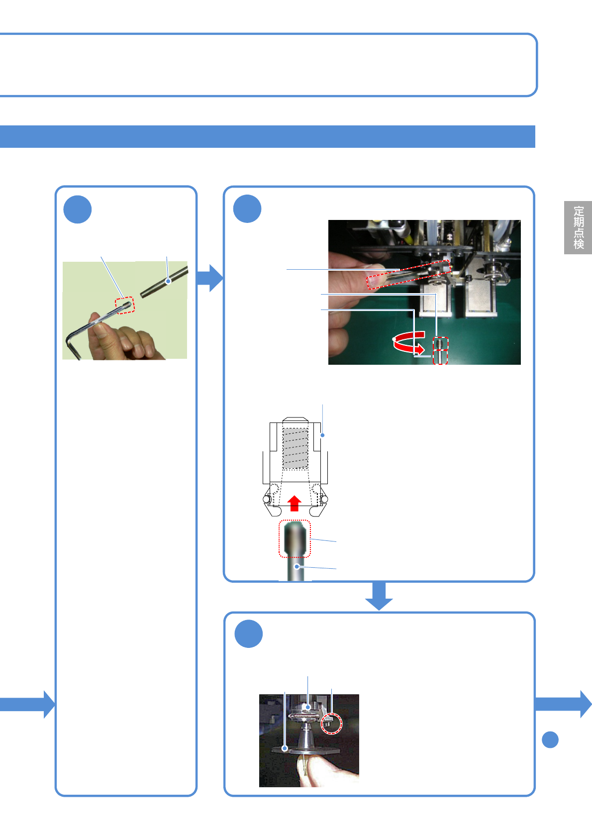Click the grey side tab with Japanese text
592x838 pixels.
(578, 227)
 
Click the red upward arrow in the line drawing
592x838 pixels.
(295, 503)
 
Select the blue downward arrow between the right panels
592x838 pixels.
(379, 596)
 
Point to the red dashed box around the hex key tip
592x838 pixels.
(125, 305)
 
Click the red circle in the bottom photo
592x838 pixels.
(331, 723)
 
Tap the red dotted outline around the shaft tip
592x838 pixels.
(295, 538)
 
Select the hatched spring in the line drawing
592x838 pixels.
(295, 448)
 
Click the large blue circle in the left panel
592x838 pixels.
(78, 209)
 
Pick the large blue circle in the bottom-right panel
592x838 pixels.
(248, 633)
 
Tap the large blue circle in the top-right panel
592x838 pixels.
(247, 209)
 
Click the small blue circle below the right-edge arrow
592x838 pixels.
(550, 739)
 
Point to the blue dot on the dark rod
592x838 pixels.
(169, 281)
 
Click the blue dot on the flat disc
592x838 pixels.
(285, 748)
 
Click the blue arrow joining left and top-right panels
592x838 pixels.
(210, 278)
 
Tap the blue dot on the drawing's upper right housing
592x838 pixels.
(323, 435)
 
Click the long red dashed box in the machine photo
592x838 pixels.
(408, 274)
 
